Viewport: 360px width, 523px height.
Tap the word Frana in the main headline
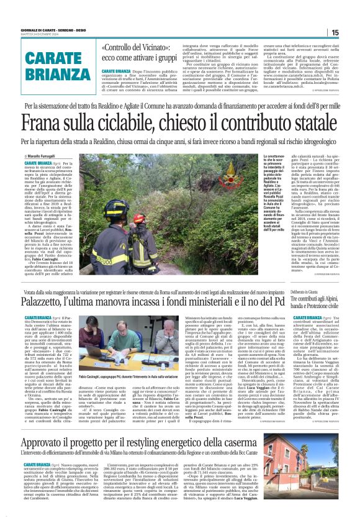pos(47,119)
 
